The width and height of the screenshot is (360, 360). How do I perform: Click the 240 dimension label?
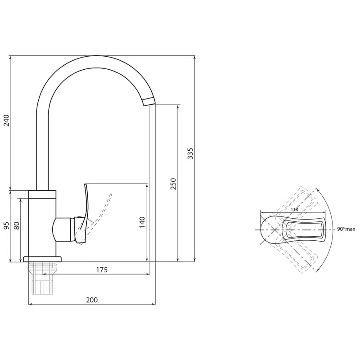pos(7,120)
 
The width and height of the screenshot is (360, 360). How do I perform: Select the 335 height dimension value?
pos(190,153)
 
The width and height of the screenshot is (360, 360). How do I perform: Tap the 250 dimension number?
pos(173,184)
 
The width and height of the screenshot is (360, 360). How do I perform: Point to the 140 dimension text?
pos(142,222)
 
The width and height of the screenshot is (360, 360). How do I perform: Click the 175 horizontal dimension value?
pos(102,270)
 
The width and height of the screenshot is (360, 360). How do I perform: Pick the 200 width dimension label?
pos(92,300)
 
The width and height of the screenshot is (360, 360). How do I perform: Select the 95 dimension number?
pos(7,225)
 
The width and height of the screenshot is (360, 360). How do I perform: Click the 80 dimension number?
pos(17,225)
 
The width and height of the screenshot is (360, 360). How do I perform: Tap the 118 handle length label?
pos(294,209)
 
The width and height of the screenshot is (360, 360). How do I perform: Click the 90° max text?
pos(346,229)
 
